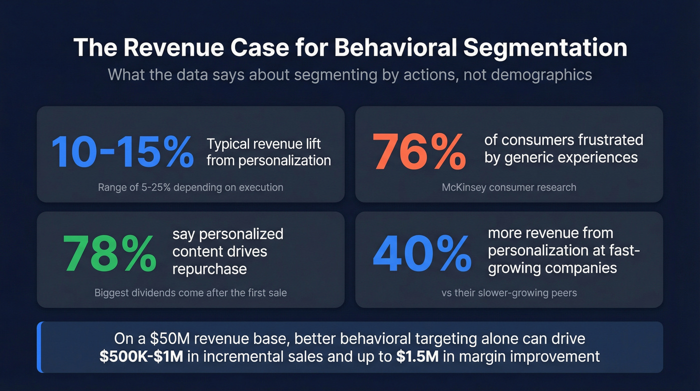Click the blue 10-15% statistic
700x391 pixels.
[122, 151]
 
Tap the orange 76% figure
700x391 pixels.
[419, 151]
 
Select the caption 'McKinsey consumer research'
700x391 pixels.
[509, 187]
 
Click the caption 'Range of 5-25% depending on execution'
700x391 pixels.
[190, 187]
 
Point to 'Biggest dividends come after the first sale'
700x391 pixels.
[190, 292]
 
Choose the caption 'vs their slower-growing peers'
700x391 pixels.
[509, 292]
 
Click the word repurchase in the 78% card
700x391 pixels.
[209, 269]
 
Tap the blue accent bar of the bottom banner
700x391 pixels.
[39, 347]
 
